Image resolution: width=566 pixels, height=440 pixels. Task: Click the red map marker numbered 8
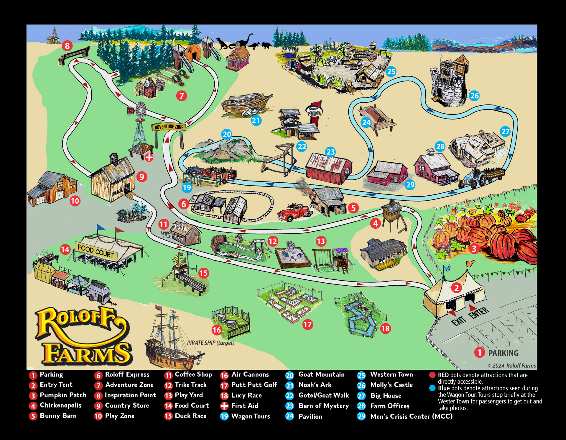coord(67,46)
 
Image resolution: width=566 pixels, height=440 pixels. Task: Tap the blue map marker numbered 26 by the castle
coord(474,96)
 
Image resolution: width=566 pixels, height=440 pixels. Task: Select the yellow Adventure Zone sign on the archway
coord(169,127)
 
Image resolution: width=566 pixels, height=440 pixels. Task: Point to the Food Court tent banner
coord(96,251)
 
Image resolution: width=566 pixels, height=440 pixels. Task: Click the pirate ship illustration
coord(171,342)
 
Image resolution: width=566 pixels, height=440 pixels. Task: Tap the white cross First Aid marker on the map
coord(149,157)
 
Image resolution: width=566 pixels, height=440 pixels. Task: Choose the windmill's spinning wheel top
coord(141,109)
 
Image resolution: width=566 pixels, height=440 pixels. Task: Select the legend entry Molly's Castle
coord(391,385)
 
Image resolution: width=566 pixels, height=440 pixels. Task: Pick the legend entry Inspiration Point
coord(130,395)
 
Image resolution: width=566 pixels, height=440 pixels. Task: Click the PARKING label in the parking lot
coord(503,353)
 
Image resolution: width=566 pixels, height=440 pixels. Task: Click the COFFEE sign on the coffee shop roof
coord(179,228)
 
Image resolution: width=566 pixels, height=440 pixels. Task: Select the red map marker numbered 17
coord(307,325)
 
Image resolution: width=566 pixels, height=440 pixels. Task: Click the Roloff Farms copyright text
coord(511,366)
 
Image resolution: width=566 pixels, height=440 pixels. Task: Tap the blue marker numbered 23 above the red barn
coord(330,152)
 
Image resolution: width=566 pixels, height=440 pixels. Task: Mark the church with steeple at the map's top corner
coord(53,36)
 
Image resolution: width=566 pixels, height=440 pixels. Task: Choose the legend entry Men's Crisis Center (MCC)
coord(411,416)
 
